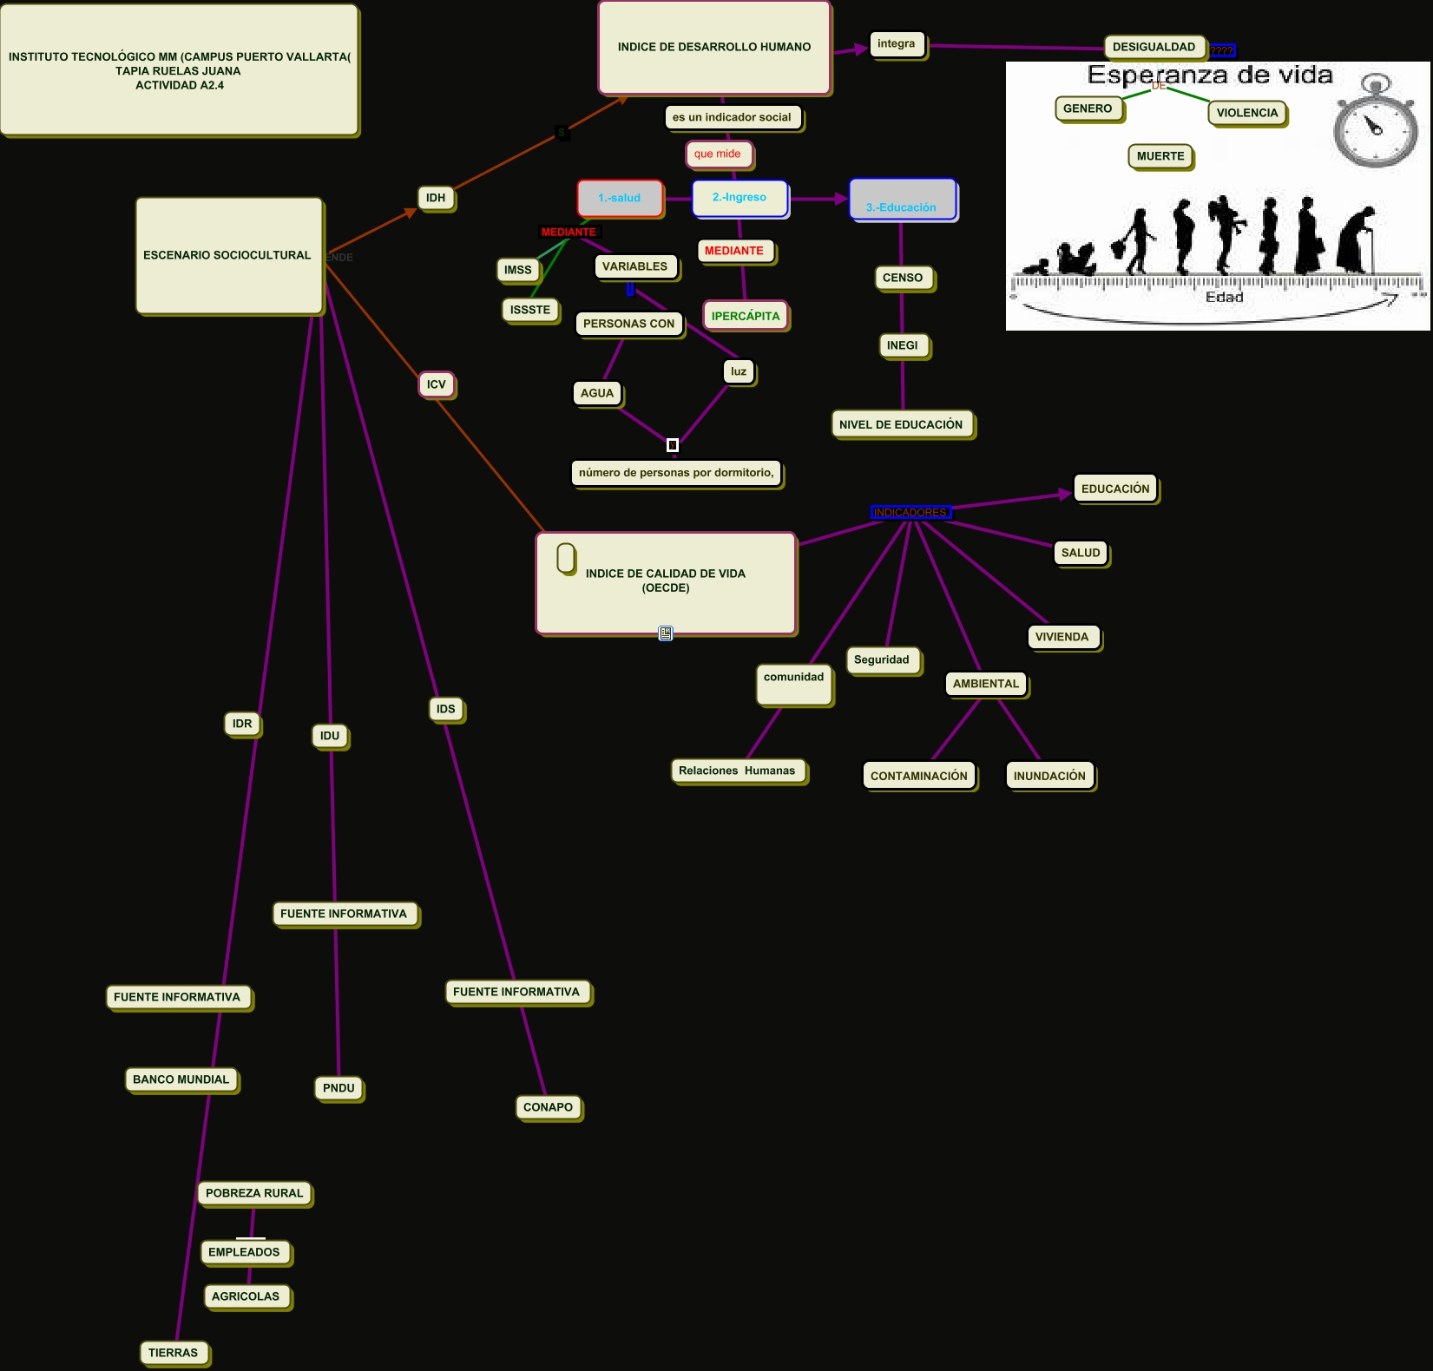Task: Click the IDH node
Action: tap(436, 198)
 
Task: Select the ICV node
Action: tap(436, 384)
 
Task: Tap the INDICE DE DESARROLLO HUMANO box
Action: tap(713, 48)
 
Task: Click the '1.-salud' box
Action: tap(620, 198)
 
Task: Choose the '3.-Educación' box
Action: tap(902, 200)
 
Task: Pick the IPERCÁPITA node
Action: tap(746, 316)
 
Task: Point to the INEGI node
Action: tap(903, 345)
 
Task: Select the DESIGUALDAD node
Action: tap(1154, 47)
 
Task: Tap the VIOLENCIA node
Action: tap(1246, 113)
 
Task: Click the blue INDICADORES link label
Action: tap(910, 512)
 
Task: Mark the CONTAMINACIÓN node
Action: tap(918, 776)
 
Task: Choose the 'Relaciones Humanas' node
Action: tap(737, 771)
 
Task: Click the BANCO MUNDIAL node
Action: tap(181, 1079)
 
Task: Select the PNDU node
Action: tap(339, 1088)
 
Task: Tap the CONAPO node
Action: tap(548, 1107)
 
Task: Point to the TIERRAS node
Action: tap(174, 1353)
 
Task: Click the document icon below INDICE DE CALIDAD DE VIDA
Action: tap(666, 633)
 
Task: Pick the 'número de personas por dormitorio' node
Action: tap(676, 473)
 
